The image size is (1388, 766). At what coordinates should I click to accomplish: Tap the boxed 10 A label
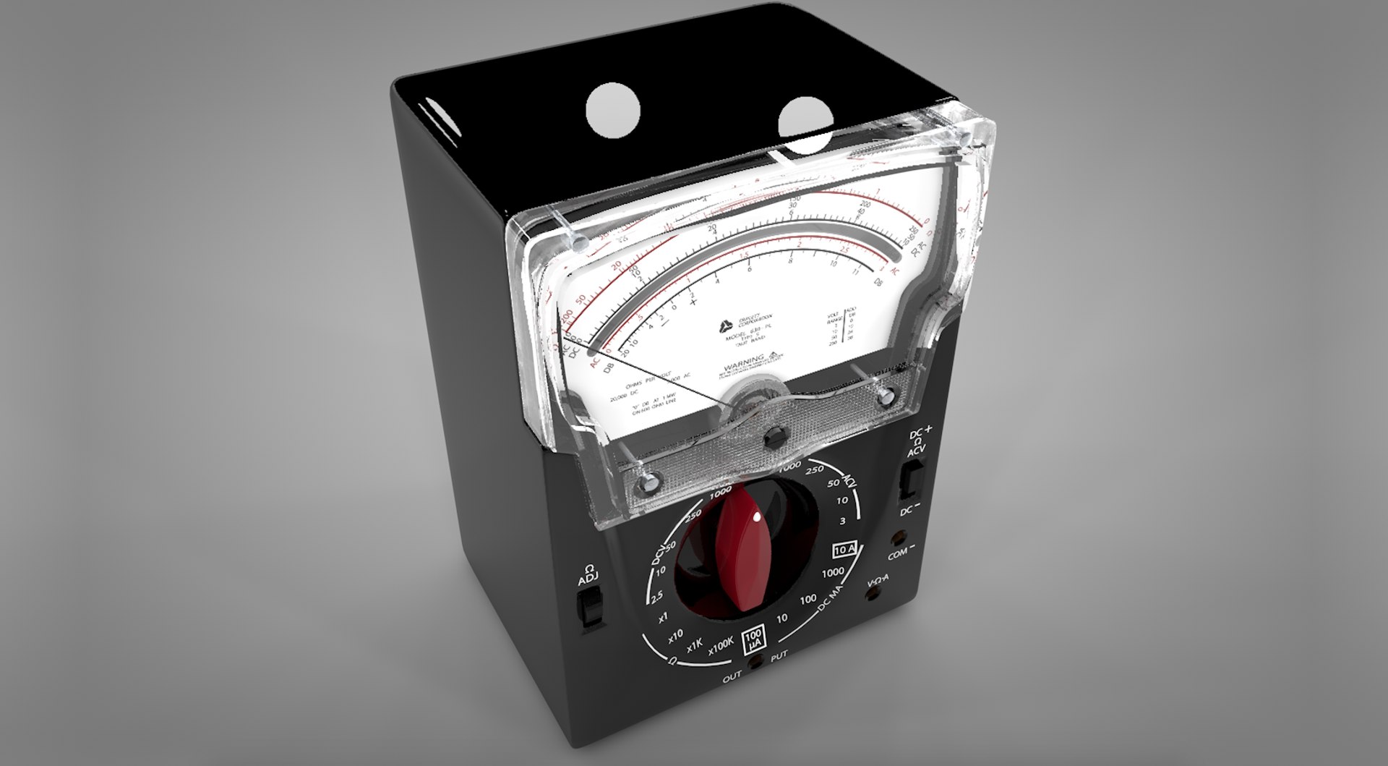pyautogui.click(x=846, y=549)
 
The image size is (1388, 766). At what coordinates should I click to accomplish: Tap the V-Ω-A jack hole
pyautogui.click(x=877, y=596)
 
